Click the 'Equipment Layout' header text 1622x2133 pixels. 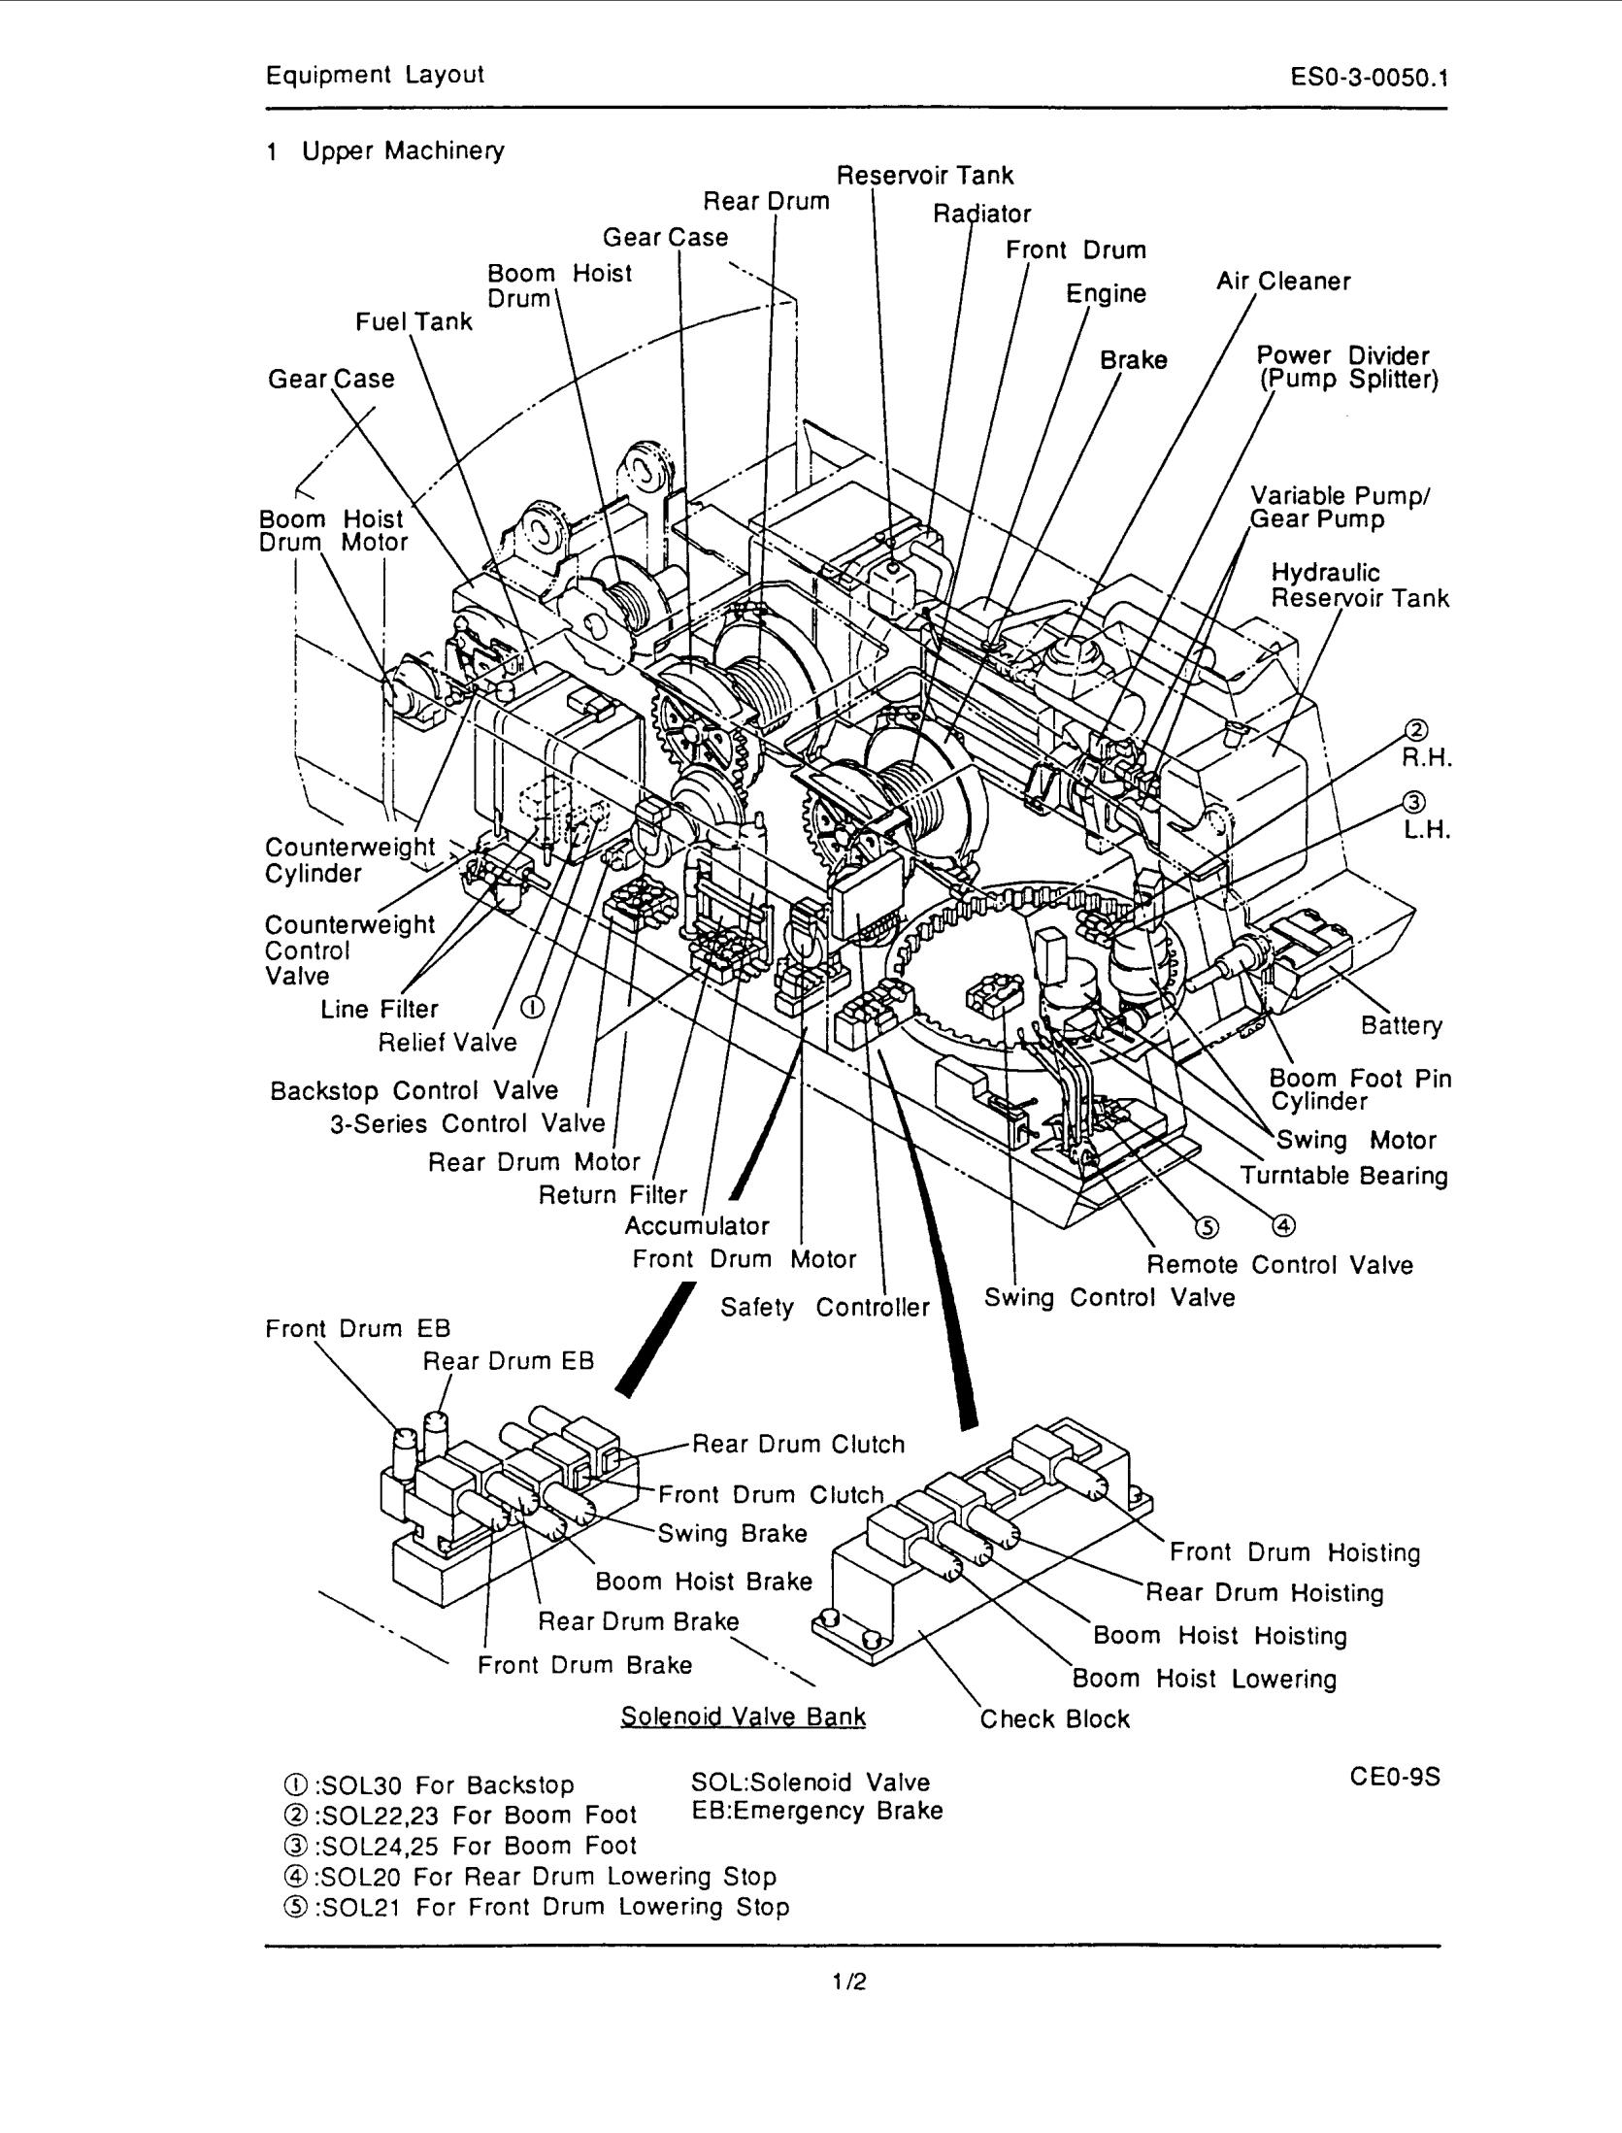tap(375, 75)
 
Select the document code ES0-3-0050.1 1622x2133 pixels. tap(1370, 77)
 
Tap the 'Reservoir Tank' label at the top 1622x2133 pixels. tap(924, 176)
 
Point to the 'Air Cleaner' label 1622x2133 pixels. tap(1283, 282)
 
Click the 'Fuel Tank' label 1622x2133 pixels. tap(414, 321)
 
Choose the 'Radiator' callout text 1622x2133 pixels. tap(981, 214)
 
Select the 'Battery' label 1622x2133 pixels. tap(1401, 1025)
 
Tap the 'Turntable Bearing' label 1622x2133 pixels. tap(1343, 1176)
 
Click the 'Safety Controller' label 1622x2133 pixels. tap(824, 1308)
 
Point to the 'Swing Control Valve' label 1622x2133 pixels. tap(1109, 1298)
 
